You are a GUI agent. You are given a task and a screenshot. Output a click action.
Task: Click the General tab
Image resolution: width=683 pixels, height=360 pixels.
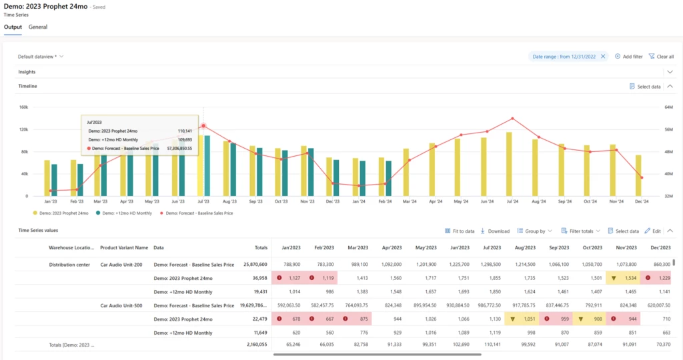(x=37, y=27)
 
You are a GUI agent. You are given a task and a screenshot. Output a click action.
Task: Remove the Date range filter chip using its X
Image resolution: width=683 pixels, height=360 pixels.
(x=603, y=57)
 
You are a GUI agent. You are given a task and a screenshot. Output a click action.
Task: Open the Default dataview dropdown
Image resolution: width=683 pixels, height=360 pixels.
(x=41, y=57)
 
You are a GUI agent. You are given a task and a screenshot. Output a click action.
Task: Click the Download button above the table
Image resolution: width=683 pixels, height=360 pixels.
(x=494, y=231)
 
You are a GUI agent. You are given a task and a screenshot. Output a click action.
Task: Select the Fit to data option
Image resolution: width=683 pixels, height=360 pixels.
(x=460, y=231)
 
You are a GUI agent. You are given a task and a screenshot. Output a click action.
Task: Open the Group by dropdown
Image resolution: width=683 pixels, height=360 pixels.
(x=534, y=231)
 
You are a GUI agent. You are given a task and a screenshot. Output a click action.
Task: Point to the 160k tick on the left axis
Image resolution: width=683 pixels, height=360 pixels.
(x=23, y=107)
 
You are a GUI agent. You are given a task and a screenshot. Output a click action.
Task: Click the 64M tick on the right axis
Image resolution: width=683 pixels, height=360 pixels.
(x=668, y=107)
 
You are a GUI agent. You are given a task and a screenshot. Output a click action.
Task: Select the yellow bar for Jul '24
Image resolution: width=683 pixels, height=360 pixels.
(x=509, y=164)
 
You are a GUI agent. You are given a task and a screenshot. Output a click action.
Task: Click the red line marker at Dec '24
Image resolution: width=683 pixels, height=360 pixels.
(x=642, y=177)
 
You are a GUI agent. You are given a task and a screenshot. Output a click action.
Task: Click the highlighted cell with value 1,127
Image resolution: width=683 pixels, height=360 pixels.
(x=290, y=278)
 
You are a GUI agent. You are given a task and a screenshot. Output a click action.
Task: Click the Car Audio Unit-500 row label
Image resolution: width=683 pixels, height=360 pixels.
(x=121, y=305)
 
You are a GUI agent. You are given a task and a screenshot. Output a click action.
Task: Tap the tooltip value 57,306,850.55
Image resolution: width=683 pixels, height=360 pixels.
(x=175, y=148)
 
